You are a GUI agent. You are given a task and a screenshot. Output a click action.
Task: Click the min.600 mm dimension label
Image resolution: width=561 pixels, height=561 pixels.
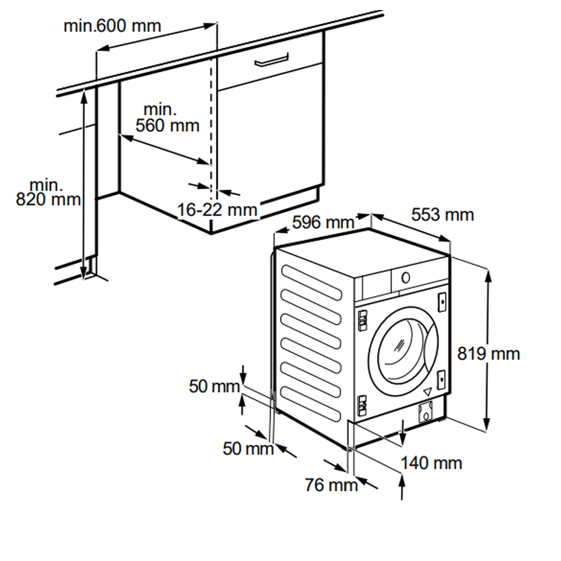pos(112,26)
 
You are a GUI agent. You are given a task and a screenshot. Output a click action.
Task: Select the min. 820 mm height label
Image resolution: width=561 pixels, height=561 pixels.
pos(47,192)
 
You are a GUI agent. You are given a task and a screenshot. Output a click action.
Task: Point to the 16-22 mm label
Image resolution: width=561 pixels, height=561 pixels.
pos(217,210)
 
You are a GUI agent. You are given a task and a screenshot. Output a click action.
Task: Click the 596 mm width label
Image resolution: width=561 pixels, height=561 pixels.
pos(323,223)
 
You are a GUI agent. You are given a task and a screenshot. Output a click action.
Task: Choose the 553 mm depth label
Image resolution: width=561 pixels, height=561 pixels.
pos(443,215)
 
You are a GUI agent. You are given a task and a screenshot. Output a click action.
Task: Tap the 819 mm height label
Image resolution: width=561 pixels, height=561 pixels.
pos(488,354)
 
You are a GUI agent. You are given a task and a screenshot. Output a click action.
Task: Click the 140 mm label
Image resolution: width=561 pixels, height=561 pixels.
pos(431,463)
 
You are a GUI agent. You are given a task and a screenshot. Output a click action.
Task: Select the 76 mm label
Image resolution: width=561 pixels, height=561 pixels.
pos(331,484)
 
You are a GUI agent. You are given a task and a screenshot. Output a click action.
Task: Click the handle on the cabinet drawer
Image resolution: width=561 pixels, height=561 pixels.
pos(272,59)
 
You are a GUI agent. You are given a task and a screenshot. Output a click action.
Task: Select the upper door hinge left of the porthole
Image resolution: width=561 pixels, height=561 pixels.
pos(362,320)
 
